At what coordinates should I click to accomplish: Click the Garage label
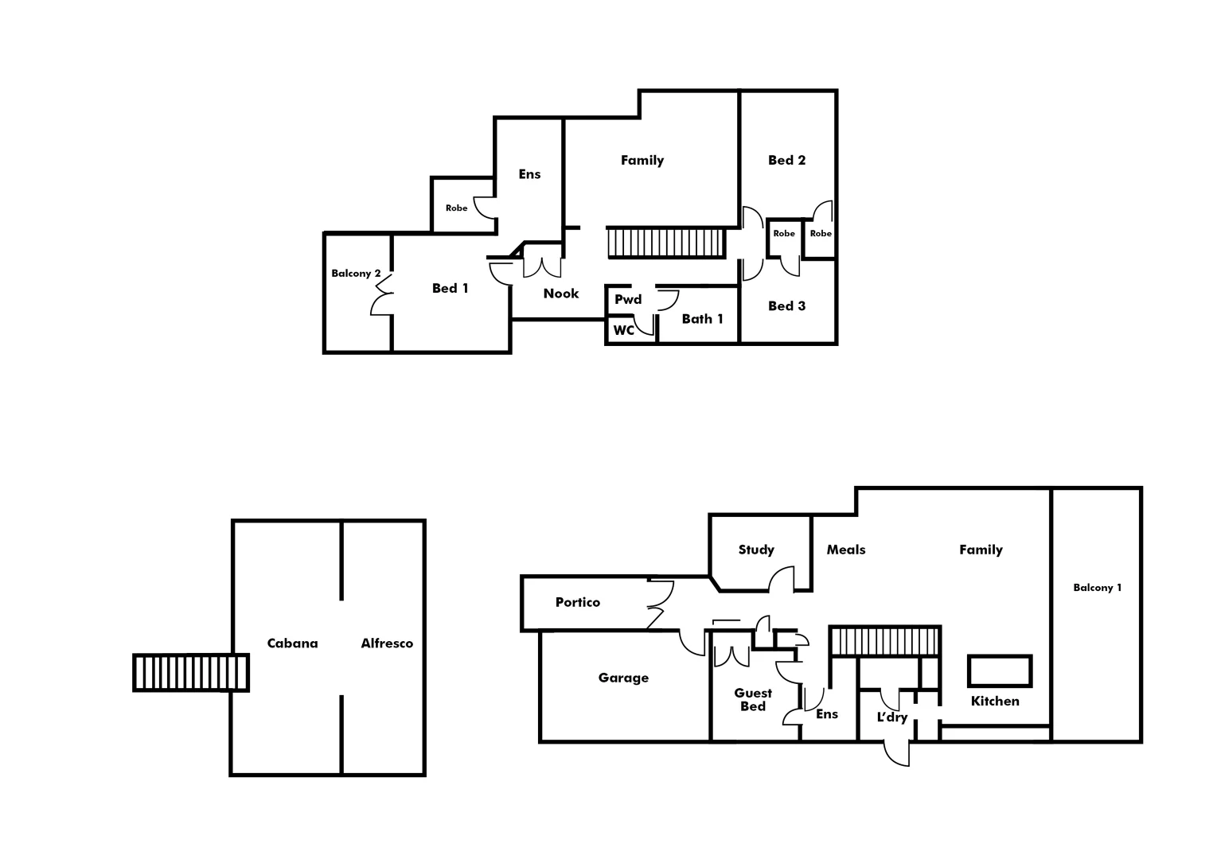point(623,678)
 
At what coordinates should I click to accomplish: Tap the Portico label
point(578,602)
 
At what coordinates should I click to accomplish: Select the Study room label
point(756,550)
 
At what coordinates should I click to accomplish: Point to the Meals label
point(845,550)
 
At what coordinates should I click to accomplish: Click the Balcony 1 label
point(1097,588)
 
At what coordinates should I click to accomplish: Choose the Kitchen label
point(995,701)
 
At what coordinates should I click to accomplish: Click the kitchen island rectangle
point(1000,670)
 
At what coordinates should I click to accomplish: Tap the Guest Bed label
point(753,700)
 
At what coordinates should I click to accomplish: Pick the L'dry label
point(891,717)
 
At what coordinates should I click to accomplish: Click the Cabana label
point(292,643)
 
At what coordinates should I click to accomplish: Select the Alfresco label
point(387,643)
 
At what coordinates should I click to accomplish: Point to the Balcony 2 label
point(356,274)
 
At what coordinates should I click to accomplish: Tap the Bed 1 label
point(451,288)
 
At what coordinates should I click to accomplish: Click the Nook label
point(561,293)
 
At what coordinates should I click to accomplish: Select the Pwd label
point(628,300)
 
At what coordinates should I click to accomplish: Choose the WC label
point(624,330)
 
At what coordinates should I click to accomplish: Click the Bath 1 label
point(703,319)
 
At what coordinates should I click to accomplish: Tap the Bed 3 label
point(786,306)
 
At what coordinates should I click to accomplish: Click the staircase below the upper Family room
point(666,243)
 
